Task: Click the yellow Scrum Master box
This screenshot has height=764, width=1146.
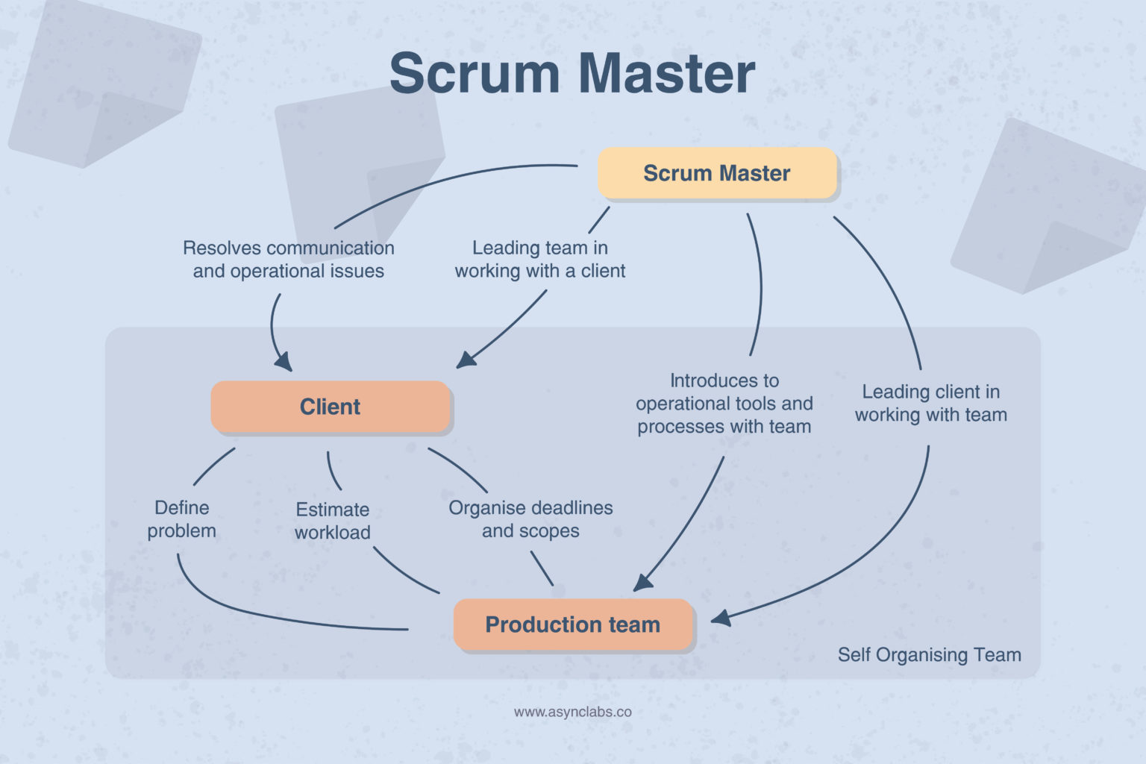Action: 717,173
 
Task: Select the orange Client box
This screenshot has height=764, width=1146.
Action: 331,407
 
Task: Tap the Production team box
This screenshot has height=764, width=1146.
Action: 573,624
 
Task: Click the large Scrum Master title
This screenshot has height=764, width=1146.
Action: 572,74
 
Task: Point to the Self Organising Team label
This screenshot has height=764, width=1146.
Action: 929,655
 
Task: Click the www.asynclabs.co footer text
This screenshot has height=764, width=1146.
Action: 572,712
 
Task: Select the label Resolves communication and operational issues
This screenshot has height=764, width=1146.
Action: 289,259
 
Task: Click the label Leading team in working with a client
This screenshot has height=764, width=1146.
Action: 540,259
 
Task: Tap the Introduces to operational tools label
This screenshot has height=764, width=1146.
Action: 724,404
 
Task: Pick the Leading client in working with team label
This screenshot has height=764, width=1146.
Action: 931,403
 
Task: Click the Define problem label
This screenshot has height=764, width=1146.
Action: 181,519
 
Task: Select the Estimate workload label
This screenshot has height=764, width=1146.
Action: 333,521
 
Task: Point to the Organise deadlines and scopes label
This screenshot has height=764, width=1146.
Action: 530,519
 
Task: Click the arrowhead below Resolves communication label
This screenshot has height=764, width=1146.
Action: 284,363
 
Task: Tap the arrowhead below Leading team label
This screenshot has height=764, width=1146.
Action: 466,360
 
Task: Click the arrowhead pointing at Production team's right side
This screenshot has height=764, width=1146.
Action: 720,618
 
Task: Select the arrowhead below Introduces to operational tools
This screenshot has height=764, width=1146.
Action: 642,583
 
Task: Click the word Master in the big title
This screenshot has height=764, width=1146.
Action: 666,74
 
